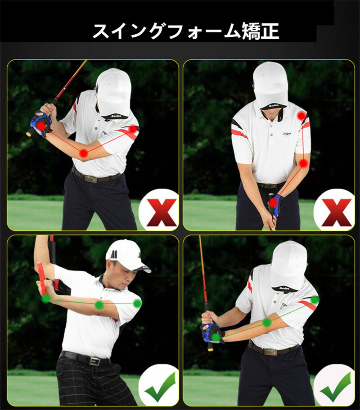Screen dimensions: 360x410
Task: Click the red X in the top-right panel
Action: (337, 212)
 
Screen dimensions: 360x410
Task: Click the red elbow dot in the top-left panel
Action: (84, 153)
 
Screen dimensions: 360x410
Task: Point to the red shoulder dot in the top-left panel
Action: (133, 129)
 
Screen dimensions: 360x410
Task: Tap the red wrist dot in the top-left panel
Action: (41, 126)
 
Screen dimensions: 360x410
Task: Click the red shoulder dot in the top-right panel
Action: (301, 116)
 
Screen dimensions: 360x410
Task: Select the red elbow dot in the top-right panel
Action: (303, 164)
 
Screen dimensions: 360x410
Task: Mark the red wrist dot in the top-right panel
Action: (273, 203)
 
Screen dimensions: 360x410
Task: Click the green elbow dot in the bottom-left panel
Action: (99, 305)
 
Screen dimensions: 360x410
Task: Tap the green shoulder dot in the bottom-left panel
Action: (137, 304)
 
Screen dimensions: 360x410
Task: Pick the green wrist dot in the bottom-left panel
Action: (46, 298)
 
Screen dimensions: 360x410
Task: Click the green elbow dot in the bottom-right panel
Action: (267, 323)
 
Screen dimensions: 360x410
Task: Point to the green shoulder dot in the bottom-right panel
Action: (315, 300)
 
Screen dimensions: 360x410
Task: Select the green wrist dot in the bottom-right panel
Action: (216, 337)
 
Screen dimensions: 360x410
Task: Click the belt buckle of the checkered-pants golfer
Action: (94, 362)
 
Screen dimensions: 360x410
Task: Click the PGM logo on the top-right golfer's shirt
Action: (287, 134)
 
